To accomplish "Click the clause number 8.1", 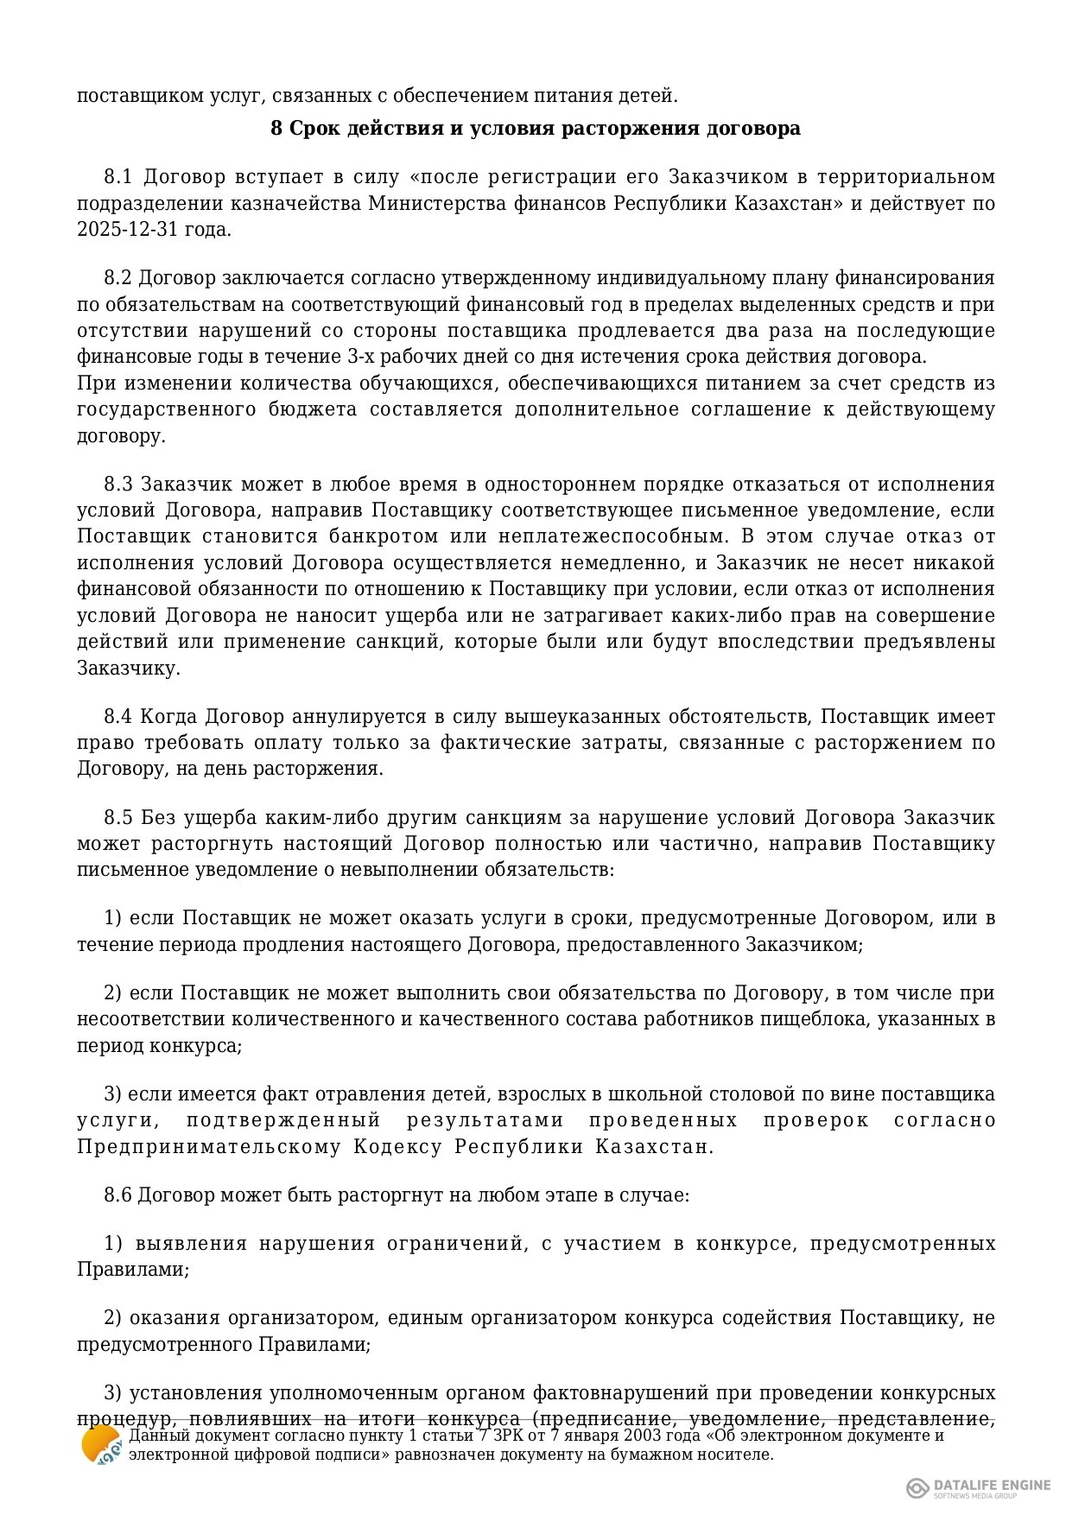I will (x=117, y=177).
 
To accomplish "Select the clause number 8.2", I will (x=117, y=278).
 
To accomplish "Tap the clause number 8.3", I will (x=118, y=484).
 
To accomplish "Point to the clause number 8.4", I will (x=118, y=716).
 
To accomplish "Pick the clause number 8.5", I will (x=118, y=817).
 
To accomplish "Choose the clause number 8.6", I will (x=117, y=1195).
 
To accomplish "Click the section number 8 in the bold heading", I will (x=276, y=129).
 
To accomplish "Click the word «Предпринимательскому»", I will (x=209, y=1147).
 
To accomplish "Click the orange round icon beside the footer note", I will (x=101, y=1444).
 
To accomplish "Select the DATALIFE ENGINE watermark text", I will (x=992, y=1485).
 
